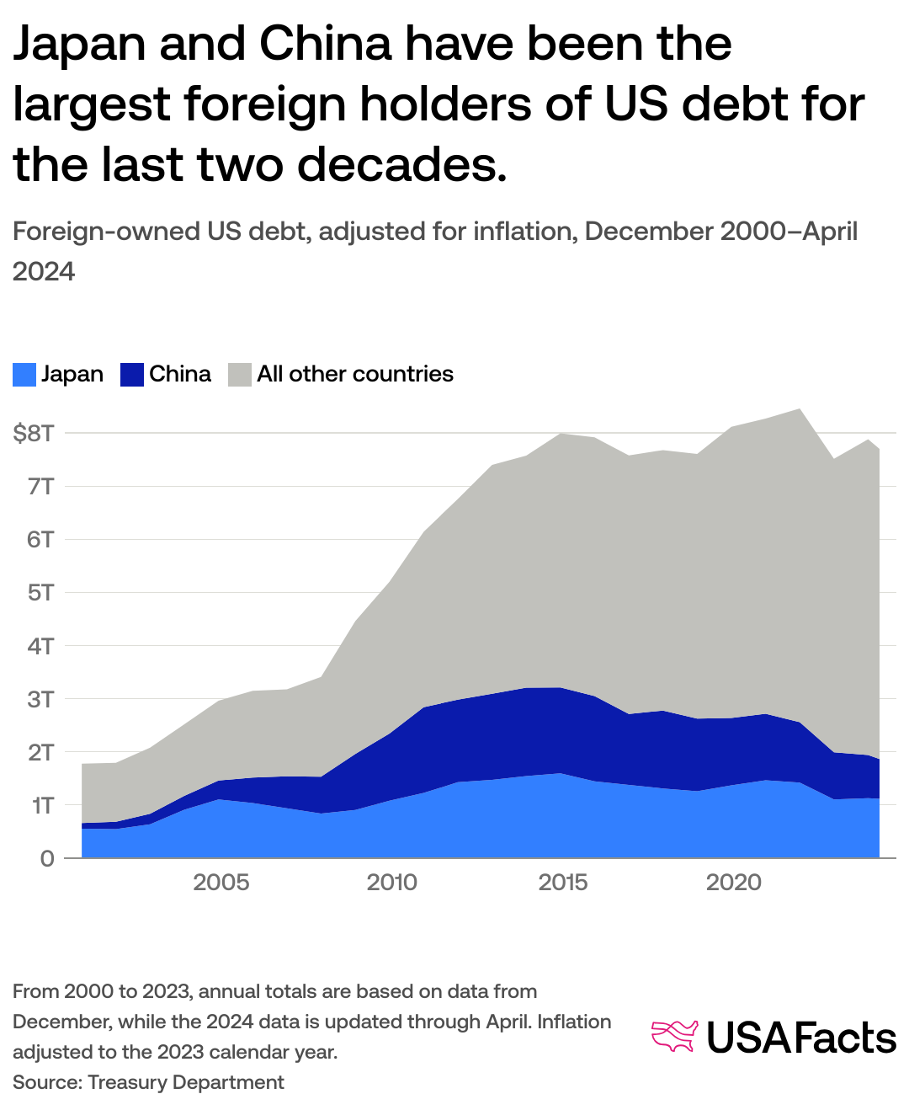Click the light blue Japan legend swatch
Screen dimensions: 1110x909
click(x=24, y=375)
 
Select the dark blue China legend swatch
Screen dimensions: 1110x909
click(x=132, y=375)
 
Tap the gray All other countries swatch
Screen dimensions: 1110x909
click(x=240, y=375)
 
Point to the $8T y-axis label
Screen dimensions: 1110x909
click(x=34, y=434)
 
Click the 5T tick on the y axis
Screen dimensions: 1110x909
click(x=40, y=593)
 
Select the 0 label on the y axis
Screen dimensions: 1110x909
click(x=47, y=859)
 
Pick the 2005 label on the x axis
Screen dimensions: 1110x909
click(x=221, y=883)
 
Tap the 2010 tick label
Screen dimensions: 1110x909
click(x=392, y=883)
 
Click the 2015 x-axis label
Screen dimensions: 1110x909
click(x=563, y=883)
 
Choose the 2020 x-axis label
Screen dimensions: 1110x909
click(x=734, y=883)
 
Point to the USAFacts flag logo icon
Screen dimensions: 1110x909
click(x=675, y=1037)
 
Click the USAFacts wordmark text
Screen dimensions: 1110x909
click(x=801, y=1038)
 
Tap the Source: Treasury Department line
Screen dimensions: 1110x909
click(x=148, y=1082)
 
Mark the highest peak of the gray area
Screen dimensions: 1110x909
click(x=799, y=410)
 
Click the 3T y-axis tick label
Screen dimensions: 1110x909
click(x=40, y=699)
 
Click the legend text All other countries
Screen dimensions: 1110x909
click(x=355, y=374)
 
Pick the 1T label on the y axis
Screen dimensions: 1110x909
click(x=43, y=806)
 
